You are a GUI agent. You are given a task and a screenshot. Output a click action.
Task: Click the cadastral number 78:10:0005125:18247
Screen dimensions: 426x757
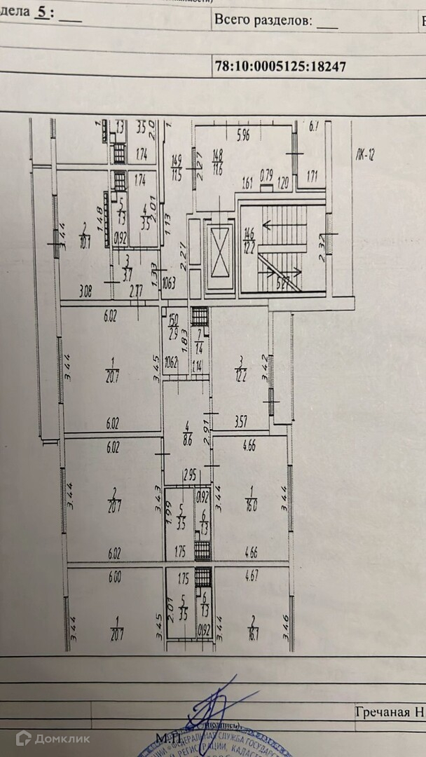(280, 67)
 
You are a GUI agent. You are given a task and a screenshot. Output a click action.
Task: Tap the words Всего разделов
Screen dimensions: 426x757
(263, 20)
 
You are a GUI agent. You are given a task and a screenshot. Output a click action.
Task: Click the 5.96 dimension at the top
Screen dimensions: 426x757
(243, 136)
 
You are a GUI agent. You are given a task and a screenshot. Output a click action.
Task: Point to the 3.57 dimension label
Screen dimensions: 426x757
(242, 422)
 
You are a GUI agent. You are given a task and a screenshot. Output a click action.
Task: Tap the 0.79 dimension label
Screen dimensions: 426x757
(266, 175)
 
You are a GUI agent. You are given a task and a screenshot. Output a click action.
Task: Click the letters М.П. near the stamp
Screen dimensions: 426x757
(169, 737)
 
